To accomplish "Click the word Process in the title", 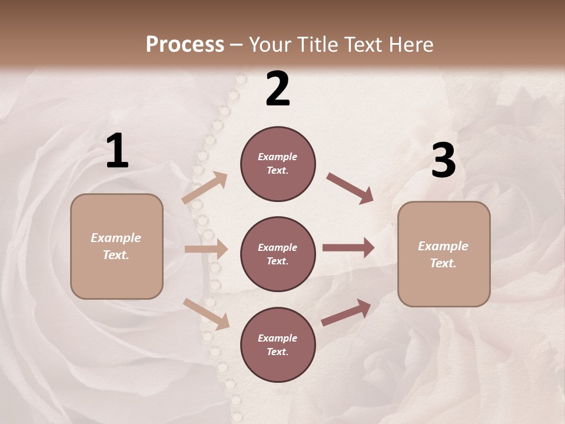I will [185, 44].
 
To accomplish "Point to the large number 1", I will [117, 151].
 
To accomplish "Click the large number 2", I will [278, 89].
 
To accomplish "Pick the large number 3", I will [443, 161].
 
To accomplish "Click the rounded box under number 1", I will [117, 246].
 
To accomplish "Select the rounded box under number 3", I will [444, 254].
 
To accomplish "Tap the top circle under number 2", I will [278, 164].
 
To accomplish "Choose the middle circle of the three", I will [278, 254].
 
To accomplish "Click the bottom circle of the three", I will [278, 344].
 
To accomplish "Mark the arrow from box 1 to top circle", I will [205, 188].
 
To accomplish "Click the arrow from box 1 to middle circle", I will [206, 249].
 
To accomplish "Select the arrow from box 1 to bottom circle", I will [206, 314].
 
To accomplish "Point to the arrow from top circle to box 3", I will [350, 188].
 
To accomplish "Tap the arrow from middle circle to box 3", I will [348, 247].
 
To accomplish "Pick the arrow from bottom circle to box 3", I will [346, 313].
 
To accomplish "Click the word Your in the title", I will [268, 44].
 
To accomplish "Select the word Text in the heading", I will [364, 44].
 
